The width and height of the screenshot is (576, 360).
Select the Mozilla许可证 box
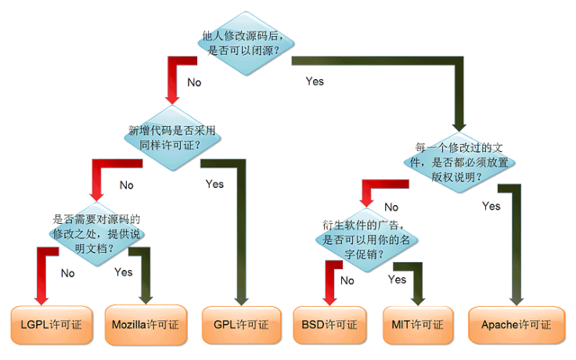pos(146,323)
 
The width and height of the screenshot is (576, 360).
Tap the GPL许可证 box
pos(238,323)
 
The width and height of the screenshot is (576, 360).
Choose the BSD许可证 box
pos(330,323)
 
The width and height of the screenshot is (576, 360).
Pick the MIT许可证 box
pos(418,323)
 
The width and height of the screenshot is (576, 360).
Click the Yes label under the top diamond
pos(315,82)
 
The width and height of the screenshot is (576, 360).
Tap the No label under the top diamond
pos(193,83)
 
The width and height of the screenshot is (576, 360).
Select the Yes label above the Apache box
pos(491,206)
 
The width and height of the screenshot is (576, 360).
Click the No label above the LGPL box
pos(67,273)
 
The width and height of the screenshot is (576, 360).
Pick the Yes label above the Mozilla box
pos(123,272)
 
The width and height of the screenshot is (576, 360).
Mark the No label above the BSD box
pos(346,280)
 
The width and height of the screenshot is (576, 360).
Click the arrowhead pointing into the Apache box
pos(517,299)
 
